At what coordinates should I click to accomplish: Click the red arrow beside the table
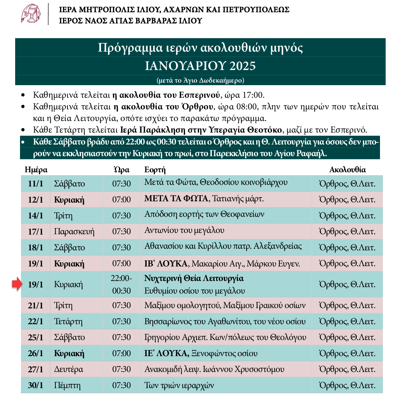coord(17,284)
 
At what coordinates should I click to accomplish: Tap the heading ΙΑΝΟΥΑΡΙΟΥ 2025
coord(200,66)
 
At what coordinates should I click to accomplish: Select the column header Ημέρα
coord(36,170)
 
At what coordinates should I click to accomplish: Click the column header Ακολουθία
coord(347,170)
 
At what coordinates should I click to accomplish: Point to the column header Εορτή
coord(155,170)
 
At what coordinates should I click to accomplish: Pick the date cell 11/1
coord(35,184)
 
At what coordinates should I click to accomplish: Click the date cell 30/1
coord(35,385)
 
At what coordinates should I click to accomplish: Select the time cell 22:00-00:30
coord(121,284)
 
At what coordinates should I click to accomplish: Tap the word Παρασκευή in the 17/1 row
coord(74,232)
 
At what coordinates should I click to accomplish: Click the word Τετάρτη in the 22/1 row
coord(68,322)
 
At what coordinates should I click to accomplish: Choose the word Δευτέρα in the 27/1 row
coord(68,369)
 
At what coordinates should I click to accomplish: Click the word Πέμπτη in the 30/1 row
coord(67,385)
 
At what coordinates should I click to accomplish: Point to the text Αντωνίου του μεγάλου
coord(184,230)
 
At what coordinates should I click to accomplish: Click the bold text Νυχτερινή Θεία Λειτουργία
coord(194,278)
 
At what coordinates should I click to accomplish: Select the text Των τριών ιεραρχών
coord(179,385)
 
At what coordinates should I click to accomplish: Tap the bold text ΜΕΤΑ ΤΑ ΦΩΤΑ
coord(176,198)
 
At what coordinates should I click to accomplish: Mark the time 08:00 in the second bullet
coord(247,106)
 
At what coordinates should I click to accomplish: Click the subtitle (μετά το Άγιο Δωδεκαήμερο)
coord(200,80)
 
